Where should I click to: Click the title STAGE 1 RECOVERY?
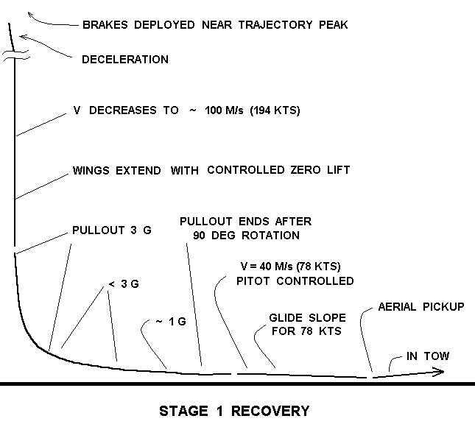click(234, 411)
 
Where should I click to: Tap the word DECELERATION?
click(125, 60)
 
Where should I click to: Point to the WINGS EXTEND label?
click(118, 170)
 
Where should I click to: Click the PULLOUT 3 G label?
click(112, 230)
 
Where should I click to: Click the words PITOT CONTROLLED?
click(295, 281)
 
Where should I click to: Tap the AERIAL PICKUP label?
click(421, 306)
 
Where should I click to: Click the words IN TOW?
click(428, 356)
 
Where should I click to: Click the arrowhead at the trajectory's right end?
click(440, 372)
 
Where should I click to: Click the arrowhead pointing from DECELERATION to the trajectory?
click(24, 36)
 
